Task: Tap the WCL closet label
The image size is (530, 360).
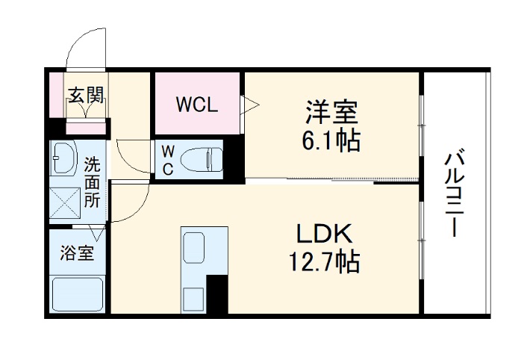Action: pyautogui.click(x=196, y=104)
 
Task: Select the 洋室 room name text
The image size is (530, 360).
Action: pyautogui.click(x=331, y=114)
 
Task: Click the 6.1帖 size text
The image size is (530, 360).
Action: pyautogui.click(x=331, y=140)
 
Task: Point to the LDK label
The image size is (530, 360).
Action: pyautogui.click(x=325, y=235)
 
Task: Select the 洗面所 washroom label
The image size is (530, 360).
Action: pyautogui.click(x=91, y=181)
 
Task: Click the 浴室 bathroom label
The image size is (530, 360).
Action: pyautogui.click(x=77, y=253)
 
